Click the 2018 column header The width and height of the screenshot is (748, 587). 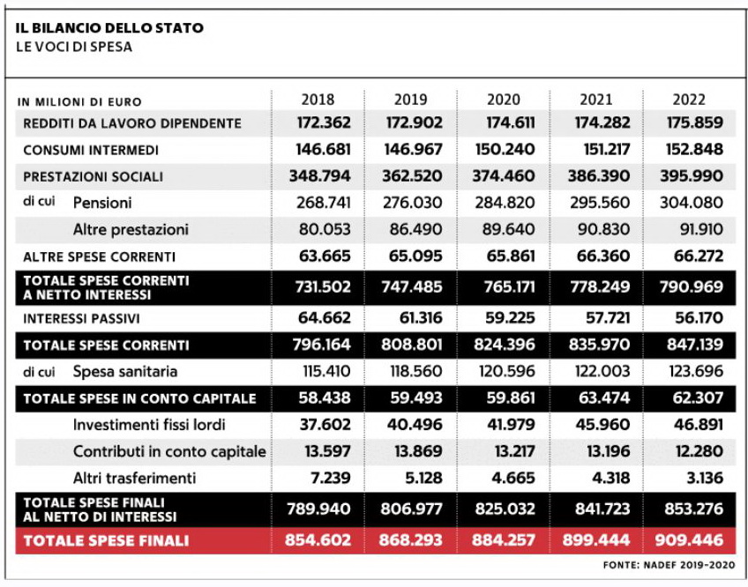point(318,100)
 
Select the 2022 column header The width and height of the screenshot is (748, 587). point(689,100)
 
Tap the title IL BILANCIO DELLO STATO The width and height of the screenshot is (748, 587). point(109,27)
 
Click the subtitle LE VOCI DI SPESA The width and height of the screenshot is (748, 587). point(74,47)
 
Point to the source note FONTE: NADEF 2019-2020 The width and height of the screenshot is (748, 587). point(669,565)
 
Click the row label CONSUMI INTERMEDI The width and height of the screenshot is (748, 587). point(91,150)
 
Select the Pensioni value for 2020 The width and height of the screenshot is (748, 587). point(505,203)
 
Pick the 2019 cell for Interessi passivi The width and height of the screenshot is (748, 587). point(414,317)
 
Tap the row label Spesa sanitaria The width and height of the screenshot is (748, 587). point(125,371)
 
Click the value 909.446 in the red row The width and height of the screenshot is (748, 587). point(689,539)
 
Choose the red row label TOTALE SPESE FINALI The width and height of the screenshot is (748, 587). point(106,541)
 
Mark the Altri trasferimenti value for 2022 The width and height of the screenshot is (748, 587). point(705,478)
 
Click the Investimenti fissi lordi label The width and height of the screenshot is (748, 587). point(149,425)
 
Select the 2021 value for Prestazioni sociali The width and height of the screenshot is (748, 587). point(599,176)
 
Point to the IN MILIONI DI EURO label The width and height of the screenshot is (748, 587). point(79,102)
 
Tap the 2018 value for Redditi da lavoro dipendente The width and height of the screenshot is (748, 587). point(324,123)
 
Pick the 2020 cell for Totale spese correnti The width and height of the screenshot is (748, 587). point(505,345)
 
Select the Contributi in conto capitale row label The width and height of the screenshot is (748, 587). point(169,451)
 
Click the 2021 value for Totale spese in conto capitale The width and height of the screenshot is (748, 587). point(604,398)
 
